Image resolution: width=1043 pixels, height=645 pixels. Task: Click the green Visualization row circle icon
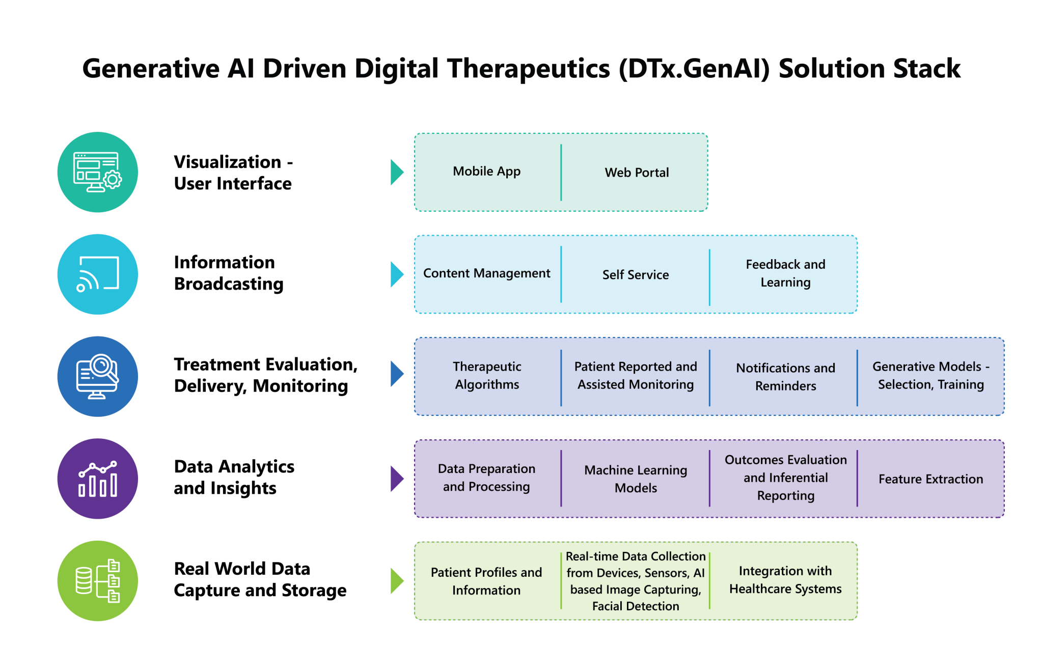tap(98, 172)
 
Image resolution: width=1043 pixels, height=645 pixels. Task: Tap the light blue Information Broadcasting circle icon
tap(98, 274)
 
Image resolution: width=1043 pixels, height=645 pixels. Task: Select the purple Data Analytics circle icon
tap(98, 479)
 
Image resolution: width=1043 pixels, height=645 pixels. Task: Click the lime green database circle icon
tap(98, 581)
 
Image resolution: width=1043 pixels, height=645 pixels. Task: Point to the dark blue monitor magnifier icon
tap(98, 377)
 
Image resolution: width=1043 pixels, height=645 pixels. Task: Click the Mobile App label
tap(486, 172)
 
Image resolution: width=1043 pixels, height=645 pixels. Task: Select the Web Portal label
tap(637, 173)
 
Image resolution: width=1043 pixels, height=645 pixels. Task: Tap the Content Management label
tap(486, 273)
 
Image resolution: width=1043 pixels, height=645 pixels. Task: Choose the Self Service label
tap(636, 275)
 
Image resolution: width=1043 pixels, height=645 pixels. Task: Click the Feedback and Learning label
tap(785, 273)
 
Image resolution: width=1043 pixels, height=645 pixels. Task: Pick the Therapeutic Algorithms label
tap(487, 376)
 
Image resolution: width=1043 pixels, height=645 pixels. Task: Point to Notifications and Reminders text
tap(785, 377)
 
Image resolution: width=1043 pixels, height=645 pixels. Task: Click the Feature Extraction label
tap(930, 479)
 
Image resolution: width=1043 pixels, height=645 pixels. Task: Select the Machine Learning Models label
tap(636, 479)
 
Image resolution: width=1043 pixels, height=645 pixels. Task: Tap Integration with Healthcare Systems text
tap(785, 580)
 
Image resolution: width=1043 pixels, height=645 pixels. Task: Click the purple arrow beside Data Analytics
tap(397, 479)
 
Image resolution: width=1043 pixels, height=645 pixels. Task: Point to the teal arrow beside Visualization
tap(397, 172)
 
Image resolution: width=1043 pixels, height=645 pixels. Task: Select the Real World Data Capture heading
tap(260, 579)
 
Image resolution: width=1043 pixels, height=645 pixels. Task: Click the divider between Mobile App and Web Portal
tap(561, 172)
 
